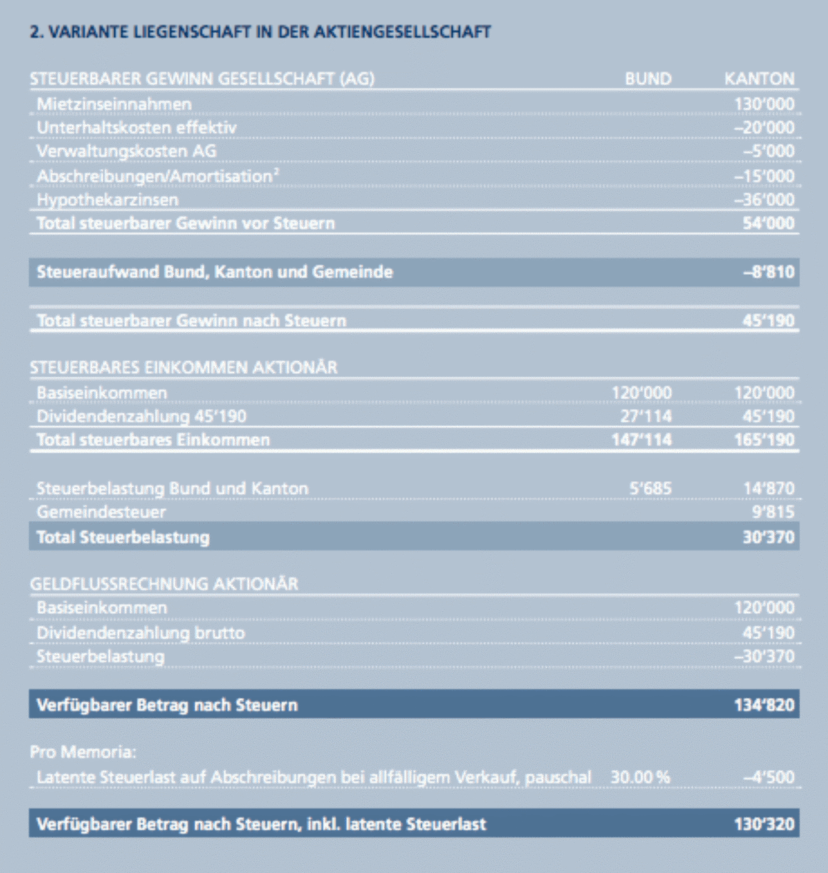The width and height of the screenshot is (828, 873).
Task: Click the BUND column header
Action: pyautogui.click(x=647, y=79)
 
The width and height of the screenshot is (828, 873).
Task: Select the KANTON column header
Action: pyautogui.click(x=759, y=79)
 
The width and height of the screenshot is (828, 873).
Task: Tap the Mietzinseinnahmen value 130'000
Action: pyautogui.click(x=763, y=104)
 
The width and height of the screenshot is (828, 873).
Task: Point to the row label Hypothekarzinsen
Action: pyautogui.click(x=107, y=200)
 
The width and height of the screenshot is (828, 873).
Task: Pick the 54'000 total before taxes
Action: pyautogui.click(x=768, y=223)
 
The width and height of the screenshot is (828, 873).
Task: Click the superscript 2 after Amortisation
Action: pyautogui.click(x=276, y=171)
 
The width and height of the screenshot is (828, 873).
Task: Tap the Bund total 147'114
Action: pyautogui.click(x=641, y=440)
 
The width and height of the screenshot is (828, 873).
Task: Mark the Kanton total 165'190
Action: pyautogui.click(x=764, y=440)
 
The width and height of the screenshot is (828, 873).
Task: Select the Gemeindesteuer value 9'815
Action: pyautogui.click(x=772, y=512)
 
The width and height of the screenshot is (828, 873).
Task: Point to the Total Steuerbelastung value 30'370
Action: pyautogui.click(x=768, y=537)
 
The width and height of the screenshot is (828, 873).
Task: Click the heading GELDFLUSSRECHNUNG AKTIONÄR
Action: pyautogui.click(x=163, y=584)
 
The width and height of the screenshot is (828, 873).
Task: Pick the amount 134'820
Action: pyautogui.click(x=764, y=705)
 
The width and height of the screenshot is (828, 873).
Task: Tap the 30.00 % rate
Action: pyautogui.click(x=640, y=777)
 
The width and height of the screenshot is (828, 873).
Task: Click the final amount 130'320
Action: pyautogui.click(x=764, y=824)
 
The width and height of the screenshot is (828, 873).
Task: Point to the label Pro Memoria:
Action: pyautogui.click(x=83, y=752)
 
